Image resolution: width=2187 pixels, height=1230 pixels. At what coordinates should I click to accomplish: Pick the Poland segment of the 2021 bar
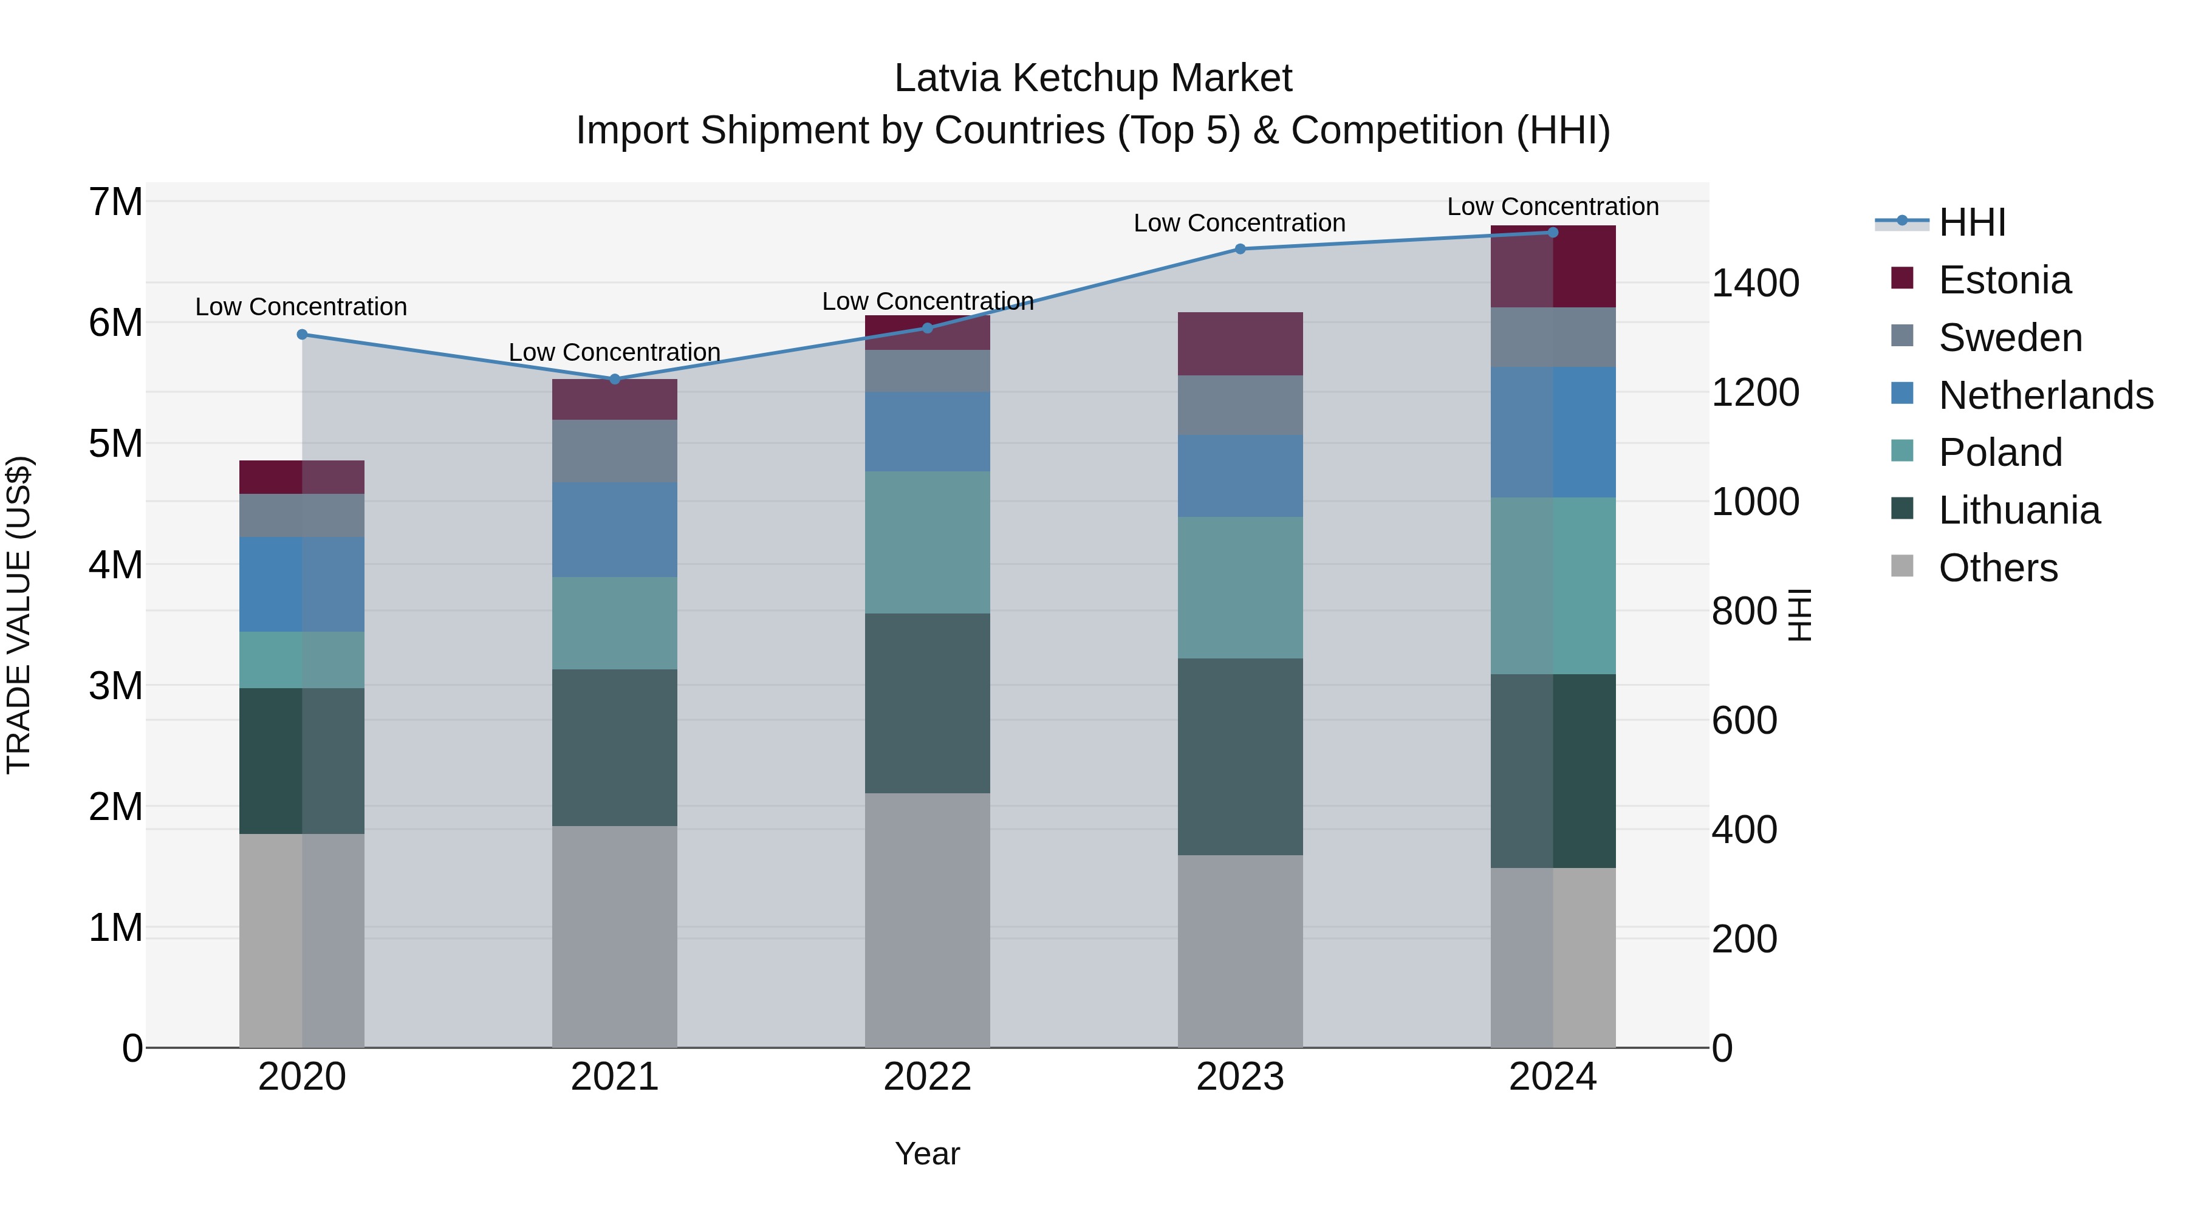615,623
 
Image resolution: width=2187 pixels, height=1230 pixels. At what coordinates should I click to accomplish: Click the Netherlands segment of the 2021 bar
615,530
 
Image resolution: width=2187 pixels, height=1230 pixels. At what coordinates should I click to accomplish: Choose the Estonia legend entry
2004,280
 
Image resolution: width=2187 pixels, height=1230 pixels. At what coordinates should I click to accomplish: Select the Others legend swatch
1903,566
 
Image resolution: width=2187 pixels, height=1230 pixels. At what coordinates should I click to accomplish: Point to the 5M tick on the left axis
115,443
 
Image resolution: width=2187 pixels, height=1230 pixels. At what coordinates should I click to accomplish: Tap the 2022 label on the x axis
927,1077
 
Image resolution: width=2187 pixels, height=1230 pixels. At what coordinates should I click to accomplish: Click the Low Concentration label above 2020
301,307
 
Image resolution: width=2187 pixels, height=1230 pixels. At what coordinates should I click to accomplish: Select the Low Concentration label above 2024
1552,207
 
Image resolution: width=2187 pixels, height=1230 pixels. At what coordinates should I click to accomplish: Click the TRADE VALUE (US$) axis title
19,615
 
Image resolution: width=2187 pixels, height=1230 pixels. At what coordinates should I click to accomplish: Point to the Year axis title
927,1153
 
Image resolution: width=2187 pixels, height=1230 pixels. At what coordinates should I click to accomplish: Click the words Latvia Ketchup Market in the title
1093,78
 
